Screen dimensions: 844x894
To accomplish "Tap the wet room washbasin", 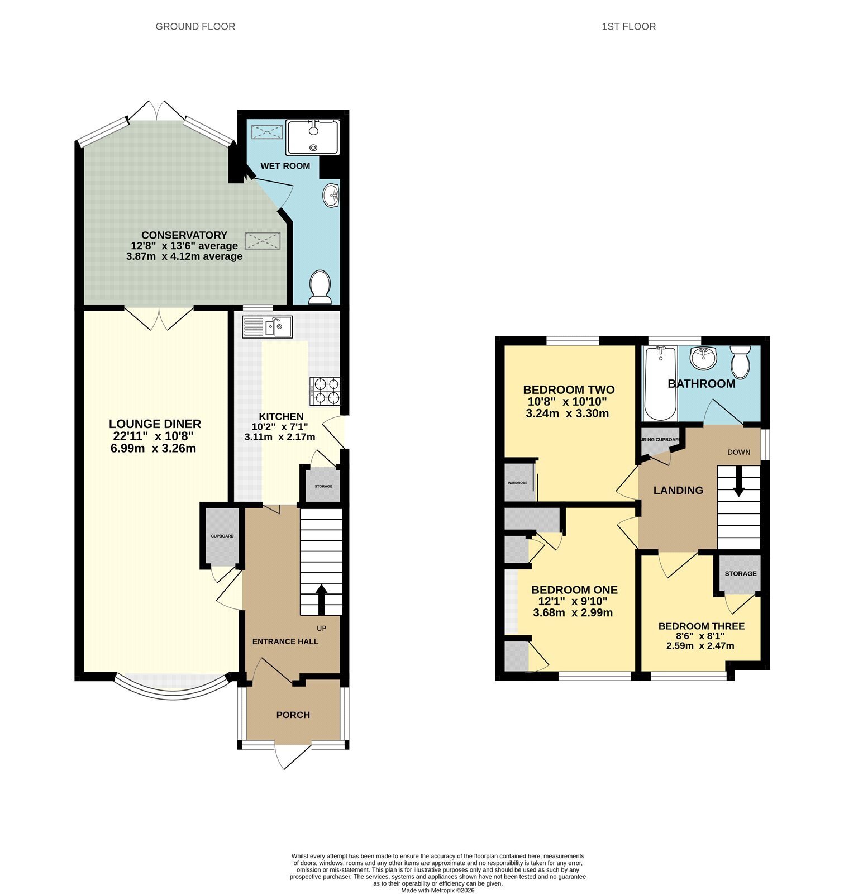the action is (331, 196).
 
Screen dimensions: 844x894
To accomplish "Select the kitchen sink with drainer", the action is (267, 327).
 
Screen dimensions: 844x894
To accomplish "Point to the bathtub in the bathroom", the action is (660, 384).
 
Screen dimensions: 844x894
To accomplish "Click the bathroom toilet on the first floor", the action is (741, 362).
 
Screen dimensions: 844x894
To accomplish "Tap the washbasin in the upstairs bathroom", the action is (703, 358).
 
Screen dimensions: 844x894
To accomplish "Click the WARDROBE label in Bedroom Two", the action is (517, 482).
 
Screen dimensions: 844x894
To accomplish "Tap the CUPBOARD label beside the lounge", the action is (222, 536).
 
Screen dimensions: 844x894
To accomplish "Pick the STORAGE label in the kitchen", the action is (323, 486).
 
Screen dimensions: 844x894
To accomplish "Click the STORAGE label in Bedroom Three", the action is (741, 573).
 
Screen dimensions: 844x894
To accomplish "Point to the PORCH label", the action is (293, 715).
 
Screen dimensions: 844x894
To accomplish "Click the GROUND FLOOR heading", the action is (195, 26).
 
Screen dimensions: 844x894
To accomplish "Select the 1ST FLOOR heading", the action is (628, 26).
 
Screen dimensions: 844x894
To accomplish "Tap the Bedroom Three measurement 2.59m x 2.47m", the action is (700, 645).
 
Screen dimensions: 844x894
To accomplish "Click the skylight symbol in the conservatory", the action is (263, 241).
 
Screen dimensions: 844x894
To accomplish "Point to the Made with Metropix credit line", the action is (437, 890).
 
